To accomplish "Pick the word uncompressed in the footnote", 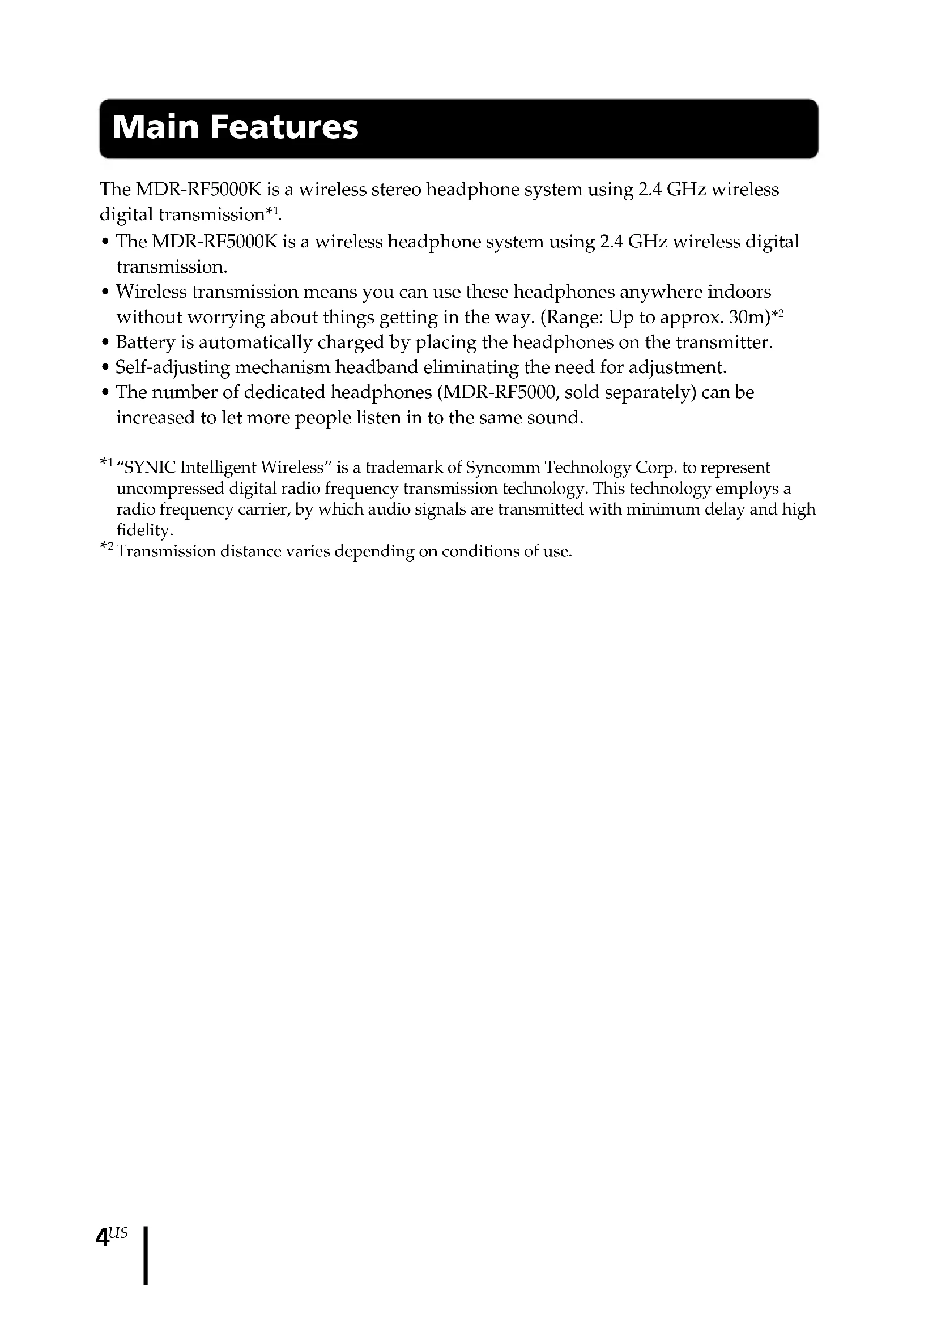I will point(170,489).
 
